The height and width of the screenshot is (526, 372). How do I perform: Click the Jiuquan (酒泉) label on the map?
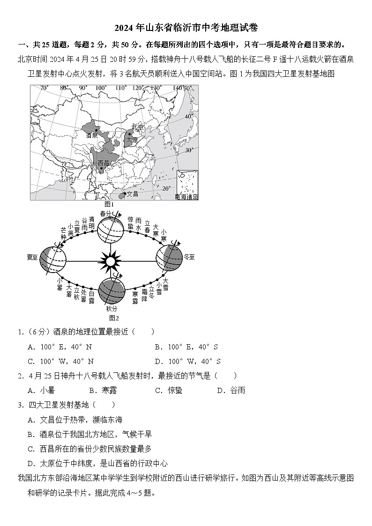pos(92,135)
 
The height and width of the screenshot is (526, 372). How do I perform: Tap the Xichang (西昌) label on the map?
pos(103,163)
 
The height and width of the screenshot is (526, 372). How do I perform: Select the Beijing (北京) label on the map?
pos(138,127)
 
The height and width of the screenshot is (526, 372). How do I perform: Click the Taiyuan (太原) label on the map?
pos(132,140)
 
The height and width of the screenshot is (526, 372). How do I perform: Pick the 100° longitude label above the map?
pos(101,88)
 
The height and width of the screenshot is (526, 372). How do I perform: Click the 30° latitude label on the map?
pos(189,150)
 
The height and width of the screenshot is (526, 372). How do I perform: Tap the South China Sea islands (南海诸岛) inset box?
pos(187,185)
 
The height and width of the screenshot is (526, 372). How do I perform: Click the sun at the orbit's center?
pos(111,261)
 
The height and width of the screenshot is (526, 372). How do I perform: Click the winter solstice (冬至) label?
pos(189,257)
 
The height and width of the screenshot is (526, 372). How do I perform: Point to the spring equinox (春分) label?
pos(105,214)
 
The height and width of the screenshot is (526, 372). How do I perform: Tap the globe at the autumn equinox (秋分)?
pos(111,291)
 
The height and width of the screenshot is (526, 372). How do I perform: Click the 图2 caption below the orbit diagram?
pos(111,318)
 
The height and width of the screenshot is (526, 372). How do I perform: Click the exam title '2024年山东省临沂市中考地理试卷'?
pos(186,28)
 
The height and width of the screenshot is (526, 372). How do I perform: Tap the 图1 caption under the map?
pos(109,204)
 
